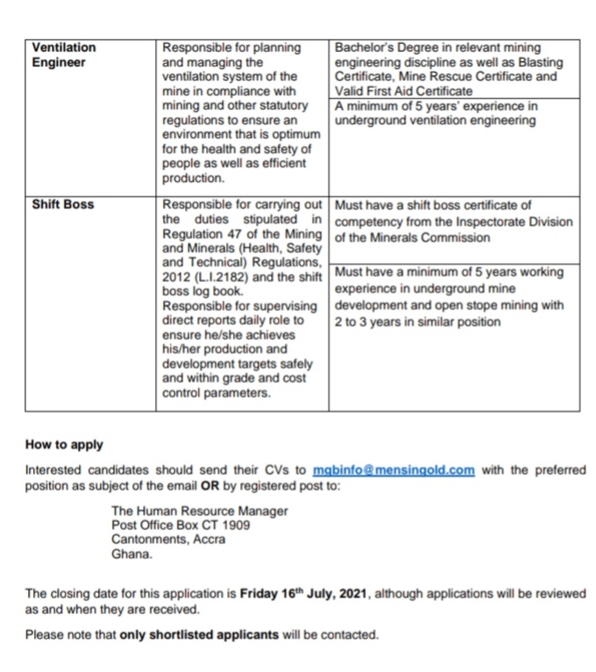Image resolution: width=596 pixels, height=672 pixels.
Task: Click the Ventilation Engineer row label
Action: point(63,54)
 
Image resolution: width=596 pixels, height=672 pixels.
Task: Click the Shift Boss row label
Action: point(62,205)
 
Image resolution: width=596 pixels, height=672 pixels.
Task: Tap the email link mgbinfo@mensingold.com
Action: point(394,470)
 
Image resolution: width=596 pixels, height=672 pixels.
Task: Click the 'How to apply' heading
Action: point(64,444)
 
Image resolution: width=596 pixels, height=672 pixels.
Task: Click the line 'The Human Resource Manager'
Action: point(200,511)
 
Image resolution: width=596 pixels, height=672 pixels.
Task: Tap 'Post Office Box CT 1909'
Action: point(181,525)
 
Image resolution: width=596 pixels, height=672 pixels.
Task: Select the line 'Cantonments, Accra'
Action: point(168,540)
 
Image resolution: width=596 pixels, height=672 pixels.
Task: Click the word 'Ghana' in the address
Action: point(131,554)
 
